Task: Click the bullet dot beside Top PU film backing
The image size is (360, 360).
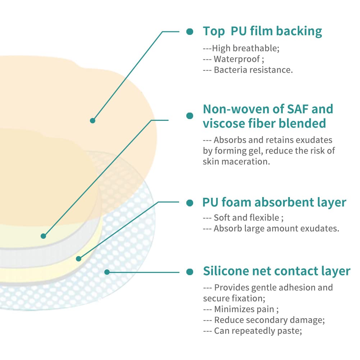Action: tap(190, 32)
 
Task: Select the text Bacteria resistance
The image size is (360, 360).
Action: tap(253, 70)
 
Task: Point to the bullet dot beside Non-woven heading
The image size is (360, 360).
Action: tap(190, 116)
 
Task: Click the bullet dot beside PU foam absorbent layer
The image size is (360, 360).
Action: tap(190, 203)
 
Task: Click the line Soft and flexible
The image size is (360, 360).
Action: tap(246, 218)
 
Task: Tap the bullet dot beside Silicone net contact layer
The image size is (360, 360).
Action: tap(190, 272)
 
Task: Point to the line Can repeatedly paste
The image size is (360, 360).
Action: tap(257, 331)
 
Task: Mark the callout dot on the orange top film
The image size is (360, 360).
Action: tap(92, 120)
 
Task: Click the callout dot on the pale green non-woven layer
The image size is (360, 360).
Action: tap(43, 236)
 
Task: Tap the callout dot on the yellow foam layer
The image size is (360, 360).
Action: tap(78, 259)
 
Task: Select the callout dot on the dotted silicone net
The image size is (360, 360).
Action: tap(106, 272)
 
